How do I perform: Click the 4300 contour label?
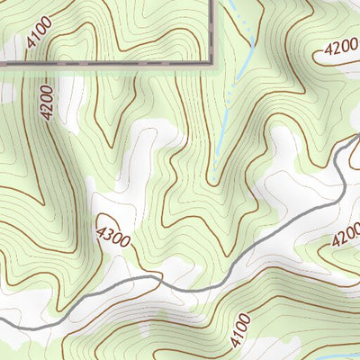click(x=112, y=230)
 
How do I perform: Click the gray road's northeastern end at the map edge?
click(x=358, y=137)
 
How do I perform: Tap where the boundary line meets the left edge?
click(x=1, y=64)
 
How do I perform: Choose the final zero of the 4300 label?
click(x=123, y=239)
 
